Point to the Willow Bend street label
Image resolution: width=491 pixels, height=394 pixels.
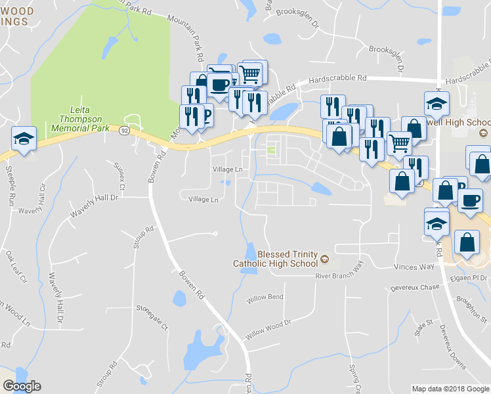(265, 298)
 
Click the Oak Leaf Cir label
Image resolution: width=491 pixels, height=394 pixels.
(17, 265)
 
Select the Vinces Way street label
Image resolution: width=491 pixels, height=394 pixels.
(414, 267)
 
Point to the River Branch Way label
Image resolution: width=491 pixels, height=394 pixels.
(339, 272)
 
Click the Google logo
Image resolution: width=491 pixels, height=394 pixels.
(22, 386)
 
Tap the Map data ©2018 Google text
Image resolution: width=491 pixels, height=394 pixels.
(450, 389)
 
